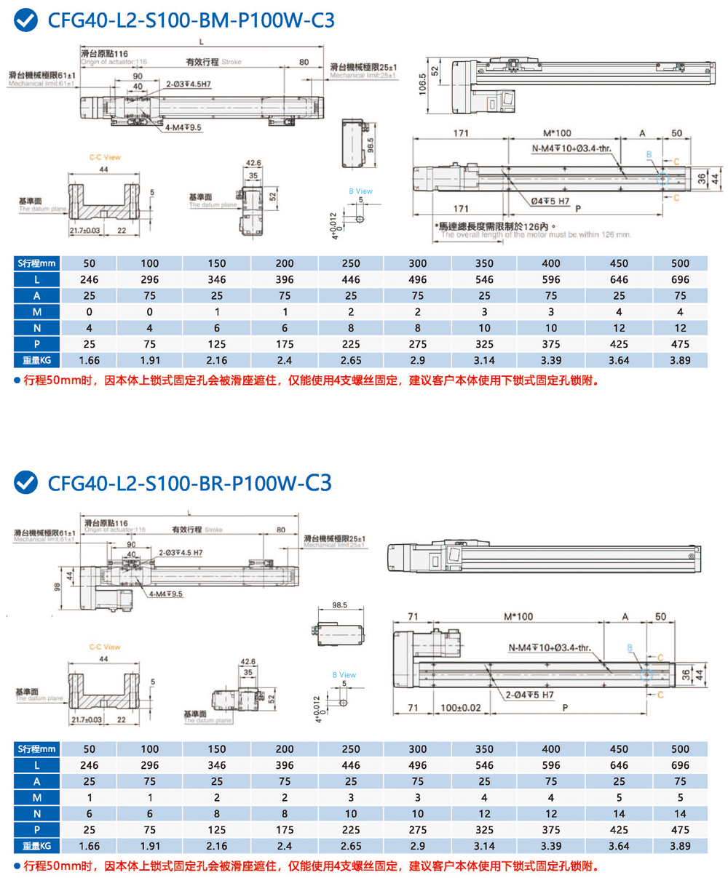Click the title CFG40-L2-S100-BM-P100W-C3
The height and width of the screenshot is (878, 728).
point(191,21)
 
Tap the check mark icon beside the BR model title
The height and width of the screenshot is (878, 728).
point(26,482)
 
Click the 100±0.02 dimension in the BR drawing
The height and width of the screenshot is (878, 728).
point(461,707)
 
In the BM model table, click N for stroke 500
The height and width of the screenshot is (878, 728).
point(680,328)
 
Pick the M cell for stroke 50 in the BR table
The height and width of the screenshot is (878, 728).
point(90,797)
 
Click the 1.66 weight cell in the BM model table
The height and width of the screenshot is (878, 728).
point(90,360)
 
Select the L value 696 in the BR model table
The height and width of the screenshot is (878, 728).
point(680,765)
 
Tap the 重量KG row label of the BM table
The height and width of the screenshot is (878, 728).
point(36,360)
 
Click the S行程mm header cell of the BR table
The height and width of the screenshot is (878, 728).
point(36,749)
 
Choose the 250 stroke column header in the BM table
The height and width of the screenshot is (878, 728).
point(351,263)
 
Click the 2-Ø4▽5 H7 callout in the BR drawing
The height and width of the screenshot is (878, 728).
point(529,695)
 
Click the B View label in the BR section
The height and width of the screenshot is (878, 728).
point(344,675)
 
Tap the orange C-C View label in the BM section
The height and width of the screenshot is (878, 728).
point(105,157)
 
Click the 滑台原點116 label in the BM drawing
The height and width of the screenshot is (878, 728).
point(106,54)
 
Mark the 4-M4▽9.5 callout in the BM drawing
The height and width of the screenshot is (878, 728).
point(183,128)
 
